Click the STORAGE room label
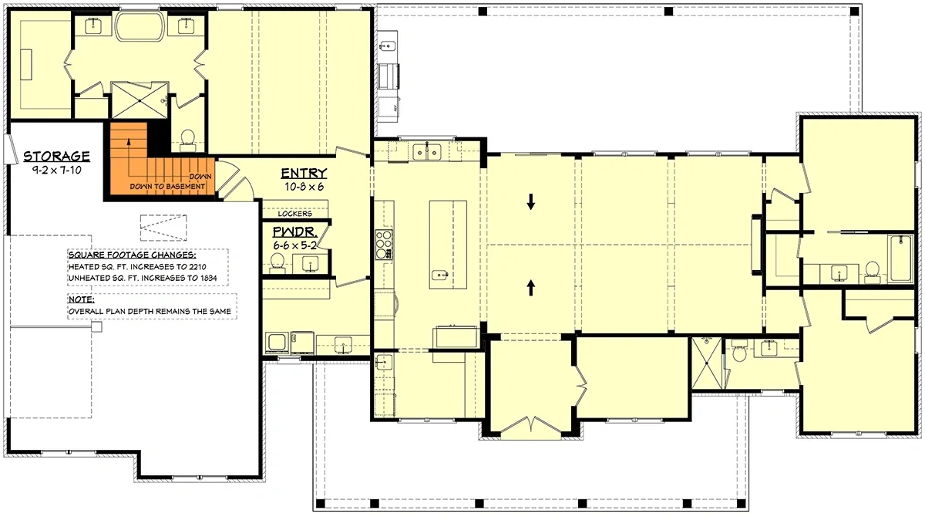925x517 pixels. pyautogui.click(x=56, y=157)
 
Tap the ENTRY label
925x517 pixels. pyautogui.click(x=303, y=174)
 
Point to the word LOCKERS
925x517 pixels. pyautogui.click(x=295, y=214)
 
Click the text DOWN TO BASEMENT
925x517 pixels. pyautogui.click(x=167, y=187)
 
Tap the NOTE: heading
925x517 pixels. pyautogui.click(x=81, y=299)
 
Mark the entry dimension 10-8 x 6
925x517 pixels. pyautogui.click(x=303, y=186)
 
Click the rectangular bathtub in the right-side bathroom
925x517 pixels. pyautogui.click(x=900, y=260)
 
